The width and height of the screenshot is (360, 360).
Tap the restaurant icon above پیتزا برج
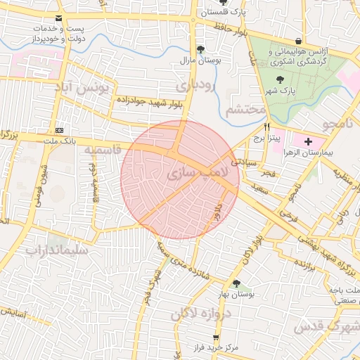[x=266, y=127]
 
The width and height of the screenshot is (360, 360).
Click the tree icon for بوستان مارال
[x=202, y=49]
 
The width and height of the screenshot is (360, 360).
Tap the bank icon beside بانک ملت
[x=60, y=130]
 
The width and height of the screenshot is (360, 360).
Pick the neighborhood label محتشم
[x=247, y=110]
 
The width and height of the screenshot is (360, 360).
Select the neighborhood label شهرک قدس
[x=330, y=326]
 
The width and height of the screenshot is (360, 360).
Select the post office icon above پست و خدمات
[x=58, y=18]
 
